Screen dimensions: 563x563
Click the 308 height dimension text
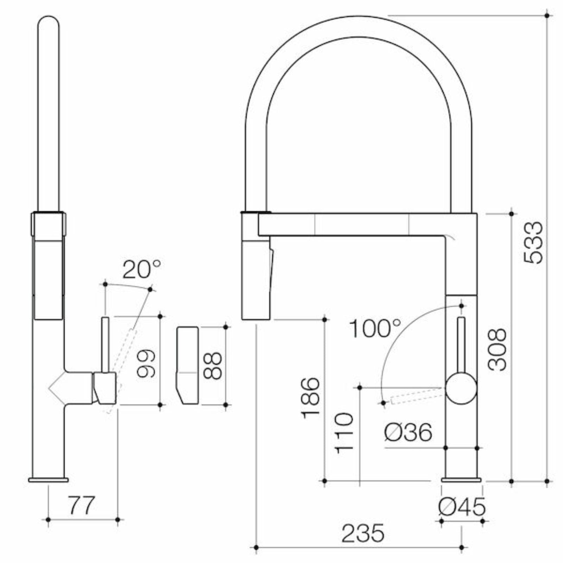(497, 349)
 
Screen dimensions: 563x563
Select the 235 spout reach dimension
(362, 533)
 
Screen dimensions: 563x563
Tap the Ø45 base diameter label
(462, 507)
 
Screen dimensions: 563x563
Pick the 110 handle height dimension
(344, 433)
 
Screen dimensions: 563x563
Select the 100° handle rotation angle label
(375, 328)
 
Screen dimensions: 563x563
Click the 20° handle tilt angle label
(141, 270)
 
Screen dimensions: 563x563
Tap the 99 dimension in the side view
(145, 363)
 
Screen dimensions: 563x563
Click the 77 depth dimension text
(81, 505)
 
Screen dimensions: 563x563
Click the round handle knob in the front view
(461, 388)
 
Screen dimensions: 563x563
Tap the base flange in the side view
(48, 480)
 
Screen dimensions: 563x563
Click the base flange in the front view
(461, 480)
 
